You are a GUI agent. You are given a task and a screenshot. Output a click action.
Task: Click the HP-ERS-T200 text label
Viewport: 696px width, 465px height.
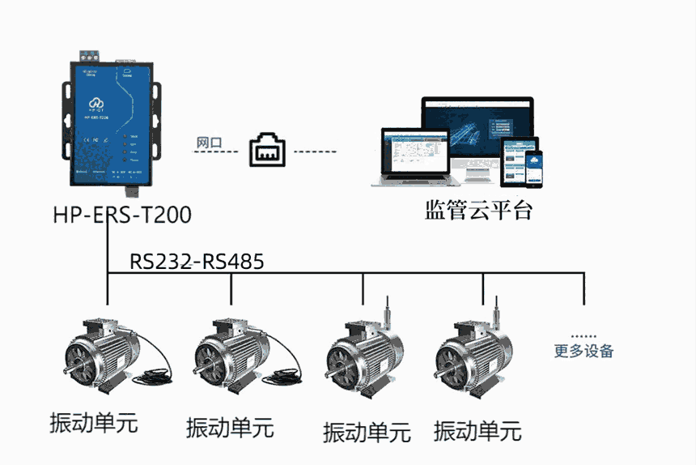coord(122,215)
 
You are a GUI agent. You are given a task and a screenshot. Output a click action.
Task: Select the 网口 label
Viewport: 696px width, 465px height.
coord(208,143)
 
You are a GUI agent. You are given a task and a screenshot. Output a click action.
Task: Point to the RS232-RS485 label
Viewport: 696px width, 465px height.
coord(197,262)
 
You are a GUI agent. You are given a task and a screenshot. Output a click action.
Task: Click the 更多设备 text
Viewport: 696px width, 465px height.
coord(584,351)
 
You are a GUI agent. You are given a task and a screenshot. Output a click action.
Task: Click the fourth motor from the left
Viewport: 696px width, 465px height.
coord(469,357)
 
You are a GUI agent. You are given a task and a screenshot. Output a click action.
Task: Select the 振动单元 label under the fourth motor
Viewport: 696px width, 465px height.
coord(477,430)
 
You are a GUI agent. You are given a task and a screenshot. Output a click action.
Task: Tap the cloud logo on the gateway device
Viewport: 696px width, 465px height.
coord(96,102)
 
